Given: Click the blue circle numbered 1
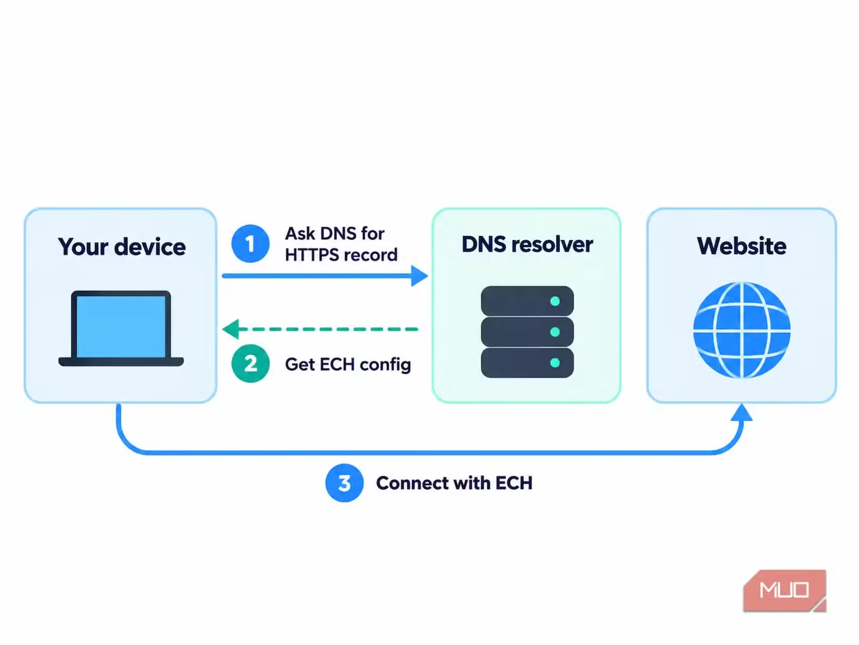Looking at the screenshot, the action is (250, 243).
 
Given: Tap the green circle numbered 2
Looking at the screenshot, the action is (250, 363).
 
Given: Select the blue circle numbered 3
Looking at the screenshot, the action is (344, 483).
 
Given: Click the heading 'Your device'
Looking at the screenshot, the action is (122, 247).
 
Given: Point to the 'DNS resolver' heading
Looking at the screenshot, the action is (527, 245).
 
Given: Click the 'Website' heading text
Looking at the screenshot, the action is (741, 246).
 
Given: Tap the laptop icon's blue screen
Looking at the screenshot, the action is (121, 326).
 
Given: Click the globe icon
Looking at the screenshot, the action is (741, 330).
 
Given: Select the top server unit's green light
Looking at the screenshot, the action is (555, 301).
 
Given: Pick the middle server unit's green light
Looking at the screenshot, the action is (555, 332).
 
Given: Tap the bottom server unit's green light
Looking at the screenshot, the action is (555, 363).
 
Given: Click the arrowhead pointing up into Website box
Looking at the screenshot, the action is (741, 412).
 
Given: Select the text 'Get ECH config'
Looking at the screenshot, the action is (348, 365).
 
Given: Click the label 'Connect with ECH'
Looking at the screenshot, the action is (454, 483).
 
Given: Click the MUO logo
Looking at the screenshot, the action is (785, 591).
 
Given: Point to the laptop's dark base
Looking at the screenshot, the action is (121, 362).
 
